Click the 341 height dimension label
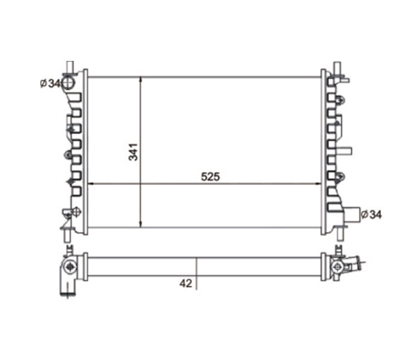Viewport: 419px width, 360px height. [x=133, y=152]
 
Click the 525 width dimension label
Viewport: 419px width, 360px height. [x=210, y=177]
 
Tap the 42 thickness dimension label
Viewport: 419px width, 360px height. [x=186, y=283]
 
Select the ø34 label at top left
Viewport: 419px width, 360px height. [x=50, y=83]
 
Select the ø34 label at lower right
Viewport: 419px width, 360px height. [x=372, y=214]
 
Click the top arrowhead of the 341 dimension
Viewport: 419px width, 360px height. [x=141, y=80]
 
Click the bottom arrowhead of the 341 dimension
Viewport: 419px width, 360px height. [x=141, y=225]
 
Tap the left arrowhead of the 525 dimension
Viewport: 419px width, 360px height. [x=91, y=184]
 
